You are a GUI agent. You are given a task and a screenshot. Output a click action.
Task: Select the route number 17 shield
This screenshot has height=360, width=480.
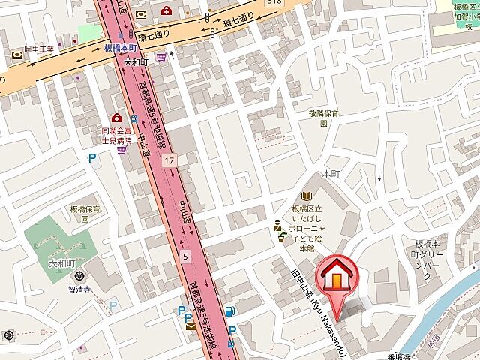(x=171, y=160)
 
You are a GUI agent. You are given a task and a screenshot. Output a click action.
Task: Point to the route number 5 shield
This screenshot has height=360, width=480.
(x=184, y=257)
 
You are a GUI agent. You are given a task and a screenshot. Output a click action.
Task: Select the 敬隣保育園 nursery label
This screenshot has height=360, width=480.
(x=324, y=118)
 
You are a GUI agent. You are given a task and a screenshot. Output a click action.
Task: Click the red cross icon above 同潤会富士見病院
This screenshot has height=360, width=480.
(x=117, y=118)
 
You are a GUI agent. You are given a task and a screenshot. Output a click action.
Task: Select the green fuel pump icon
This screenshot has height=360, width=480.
(x=228, y=311)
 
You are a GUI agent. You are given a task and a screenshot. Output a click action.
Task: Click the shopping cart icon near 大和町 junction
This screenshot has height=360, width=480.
(x=160, y=56)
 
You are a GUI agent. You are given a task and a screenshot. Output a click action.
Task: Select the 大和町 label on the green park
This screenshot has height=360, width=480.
(x=63, y=264)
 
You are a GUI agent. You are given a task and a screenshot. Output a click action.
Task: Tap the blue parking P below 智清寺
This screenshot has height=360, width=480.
(x=114, y=305)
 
